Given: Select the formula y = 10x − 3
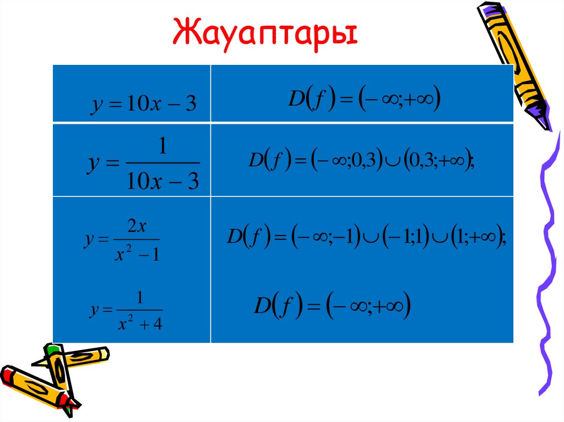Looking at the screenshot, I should click(143, 103).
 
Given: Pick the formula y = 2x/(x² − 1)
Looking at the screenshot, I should click(122, 241).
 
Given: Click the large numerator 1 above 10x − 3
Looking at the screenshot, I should click(162, 147).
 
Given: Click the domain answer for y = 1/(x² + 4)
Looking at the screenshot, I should click(333, 306).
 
